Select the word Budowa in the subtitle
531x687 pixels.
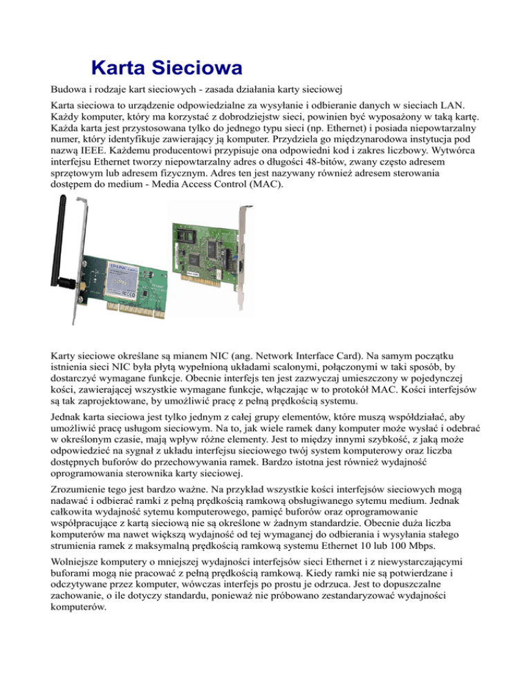pos(73,91)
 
